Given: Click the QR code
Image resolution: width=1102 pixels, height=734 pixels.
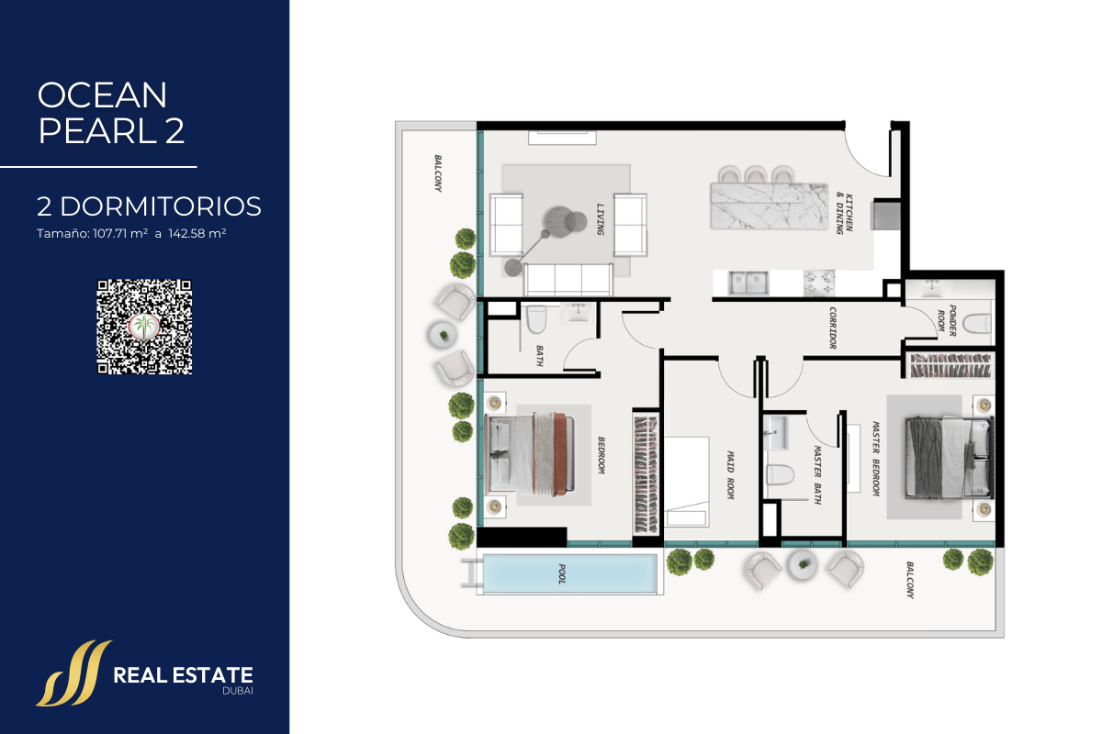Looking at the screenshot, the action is pos(144,327).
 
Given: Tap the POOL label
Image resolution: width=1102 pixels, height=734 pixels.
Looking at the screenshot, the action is pos(562,573).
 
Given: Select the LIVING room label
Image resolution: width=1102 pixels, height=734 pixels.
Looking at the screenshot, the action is pos(601,219).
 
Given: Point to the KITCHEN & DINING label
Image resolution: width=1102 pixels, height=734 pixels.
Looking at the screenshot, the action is pos(845,213).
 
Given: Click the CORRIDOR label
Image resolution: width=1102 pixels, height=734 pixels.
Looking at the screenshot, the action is pos(832,328).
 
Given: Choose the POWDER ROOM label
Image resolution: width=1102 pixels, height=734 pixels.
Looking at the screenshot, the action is pos(947,320).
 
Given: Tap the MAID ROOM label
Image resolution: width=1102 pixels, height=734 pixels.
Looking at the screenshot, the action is pos(731,475).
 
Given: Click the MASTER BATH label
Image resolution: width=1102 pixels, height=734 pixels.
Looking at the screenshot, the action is pos(817,475).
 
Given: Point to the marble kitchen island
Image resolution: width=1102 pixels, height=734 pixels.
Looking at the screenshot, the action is pos(770,206).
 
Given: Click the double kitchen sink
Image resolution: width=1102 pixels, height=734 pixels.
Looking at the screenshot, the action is pos(748,284).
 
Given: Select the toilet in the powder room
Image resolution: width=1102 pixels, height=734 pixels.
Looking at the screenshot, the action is pos(976,324).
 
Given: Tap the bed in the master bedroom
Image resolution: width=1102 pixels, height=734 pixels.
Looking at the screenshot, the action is pos(950,458).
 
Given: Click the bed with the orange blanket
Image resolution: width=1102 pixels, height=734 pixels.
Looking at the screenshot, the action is pos(530,453).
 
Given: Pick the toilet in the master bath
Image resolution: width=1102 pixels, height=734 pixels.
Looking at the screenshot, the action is pos(781,475).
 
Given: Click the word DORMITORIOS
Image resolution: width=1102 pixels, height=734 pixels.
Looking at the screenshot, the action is pos(161,206).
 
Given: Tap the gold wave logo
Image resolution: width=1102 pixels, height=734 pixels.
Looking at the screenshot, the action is pos(73,673).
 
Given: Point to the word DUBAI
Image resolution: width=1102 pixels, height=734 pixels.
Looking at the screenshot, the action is pos(238,691).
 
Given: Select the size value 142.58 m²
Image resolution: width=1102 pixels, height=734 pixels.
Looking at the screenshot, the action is pos(197,234).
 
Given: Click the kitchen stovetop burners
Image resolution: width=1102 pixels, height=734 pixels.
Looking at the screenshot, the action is pos(819,284).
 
